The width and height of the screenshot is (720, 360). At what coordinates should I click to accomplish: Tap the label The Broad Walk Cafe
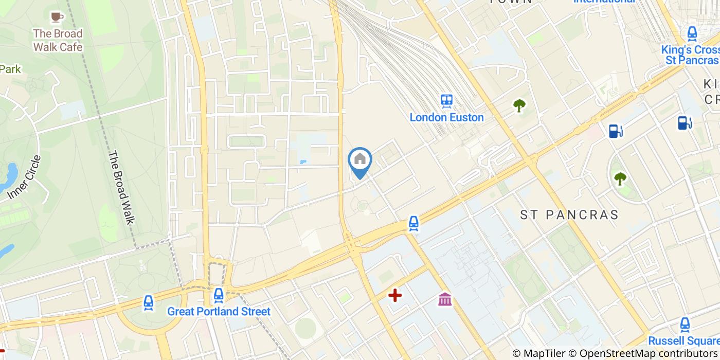[58, 40]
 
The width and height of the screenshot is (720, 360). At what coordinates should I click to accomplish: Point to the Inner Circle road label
[24, 177]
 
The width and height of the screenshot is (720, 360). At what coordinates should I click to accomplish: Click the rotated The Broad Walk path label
[121, 187]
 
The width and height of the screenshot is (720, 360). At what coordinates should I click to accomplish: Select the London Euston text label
[446, 117]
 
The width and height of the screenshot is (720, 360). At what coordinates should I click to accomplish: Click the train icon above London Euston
[446, 101]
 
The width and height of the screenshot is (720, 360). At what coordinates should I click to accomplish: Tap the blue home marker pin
[360, 160]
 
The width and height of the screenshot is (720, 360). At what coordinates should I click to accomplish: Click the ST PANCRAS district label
[569, 215]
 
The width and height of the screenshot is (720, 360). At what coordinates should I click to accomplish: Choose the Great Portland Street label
[219, 312]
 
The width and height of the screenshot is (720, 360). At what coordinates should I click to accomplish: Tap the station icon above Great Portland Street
[219, 296]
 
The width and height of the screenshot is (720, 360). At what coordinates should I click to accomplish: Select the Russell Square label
[683, 341]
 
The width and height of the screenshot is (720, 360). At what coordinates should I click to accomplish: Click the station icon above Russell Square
[685, 325]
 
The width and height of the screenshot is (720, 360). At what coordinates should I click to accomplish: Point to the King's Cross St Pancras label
[690, 55]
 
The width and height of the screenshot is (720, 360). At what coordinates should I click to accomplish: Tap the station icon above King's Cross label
[692, 33]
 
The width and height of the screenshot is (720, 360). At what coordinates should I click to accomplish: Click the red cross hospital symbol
[395, 295]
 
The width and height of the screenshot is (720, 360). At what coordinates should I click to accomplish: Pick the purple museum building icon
[445, 299]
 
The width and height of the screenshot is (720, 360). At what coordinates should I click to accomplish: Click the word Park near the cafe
[10, 69]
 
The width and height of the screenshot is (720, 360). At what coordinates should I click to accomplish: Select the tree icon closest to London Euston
[519, 105]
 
